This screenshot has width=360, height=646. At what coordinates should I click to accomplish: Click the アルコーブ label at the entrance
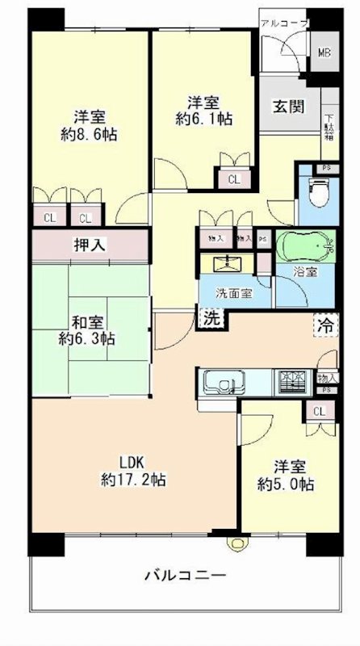click(x=283, y=23)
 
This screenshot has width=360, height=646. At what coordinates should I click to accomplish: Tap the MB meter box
click(x=323, y=54)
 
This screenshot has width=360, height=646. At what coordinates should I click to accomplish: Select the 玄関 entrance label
click(x=287, y=107)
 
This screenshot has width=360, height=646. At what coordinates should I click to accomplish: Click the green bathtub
click(x=303, y=245)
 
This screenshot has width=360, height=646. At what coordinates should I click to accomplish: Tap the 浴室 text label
click(x=305, y=272)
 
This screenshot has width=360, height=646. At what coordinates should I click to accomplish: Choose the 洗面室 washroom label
click(x=231, y=292)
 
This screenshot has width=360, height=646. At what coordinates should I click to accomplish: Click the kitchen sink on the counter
click(x=220, y=380)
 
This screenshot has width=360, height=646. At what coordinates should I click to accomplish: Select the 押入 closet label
click(x=90, y=245)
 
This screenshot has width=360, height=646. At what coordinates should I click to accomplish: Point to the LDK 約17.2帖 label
click(x=133, y=471)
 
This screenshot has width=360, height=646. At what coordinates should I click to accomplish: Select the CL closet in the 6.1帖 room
click(x=232, y=179)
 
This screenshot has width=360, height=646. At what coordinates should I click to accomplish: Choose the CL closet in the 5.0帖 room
click(x=320, y=412)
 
